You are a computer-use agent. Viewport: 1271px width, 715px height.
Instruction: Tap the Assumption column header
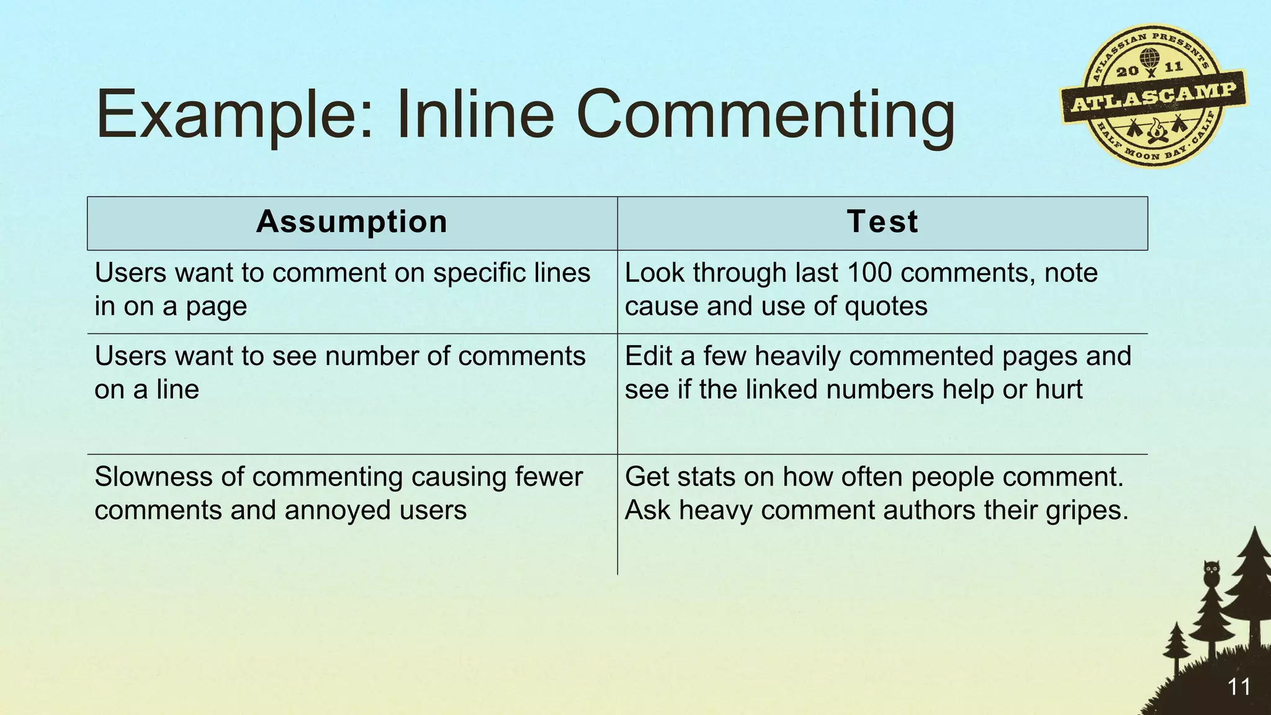pyautogui.click(x=351, y=222)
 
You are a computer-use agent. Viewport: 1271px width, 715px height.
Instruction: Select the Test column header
pyautogui.click(x=882, y=222)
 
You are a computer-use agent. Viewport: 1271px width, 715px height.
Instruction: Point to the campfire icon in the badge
pyautogui.click(x=1155, y=130)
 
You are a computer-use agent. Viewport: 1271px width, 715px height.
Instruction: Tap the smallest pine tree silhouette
pyautogui.click(x=1175, y=645)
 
